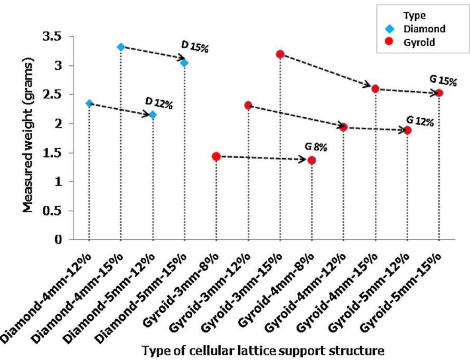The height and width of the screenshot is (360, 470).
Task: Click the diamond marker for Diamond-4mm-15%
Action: [121, 47]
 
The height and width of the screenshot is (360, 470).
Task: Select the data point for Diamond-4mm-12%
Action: [89, 103]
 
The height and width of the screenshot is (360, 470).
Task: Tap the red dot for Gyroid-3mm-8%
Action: [216, 157]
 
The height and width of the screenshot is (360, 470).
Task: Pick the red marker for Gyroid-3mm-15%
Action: [280, 54]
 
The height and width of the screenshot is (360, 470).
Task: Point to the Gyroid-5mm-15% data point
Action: [439, 93]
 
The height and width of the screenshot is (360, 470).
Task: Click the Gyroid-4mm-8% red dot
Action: [311, 161]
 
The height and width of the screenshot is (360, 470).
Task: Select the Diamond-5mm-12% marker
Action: [153, 115]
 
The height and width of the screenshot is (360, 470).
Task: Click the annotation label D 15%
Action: [195, 47]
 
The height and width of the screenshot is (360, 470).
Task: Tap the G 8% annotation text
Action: [316, 147]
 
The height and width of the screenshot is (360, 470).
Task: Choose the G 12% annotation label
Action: [420, 122]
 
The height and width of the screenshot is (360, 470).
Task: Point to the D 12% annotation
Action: [159, 103]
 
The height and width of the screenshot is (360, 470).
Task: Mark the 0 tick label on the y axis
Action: [58, 240]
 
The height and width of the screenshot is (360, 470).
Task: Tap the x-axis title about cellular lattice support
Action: [263, 350]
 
